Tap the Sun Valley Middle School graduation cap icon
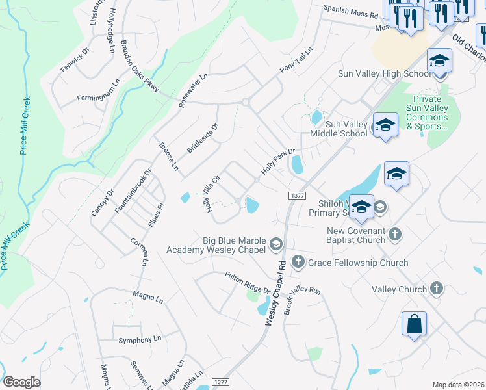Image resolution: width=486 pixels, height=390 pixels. [385, 125]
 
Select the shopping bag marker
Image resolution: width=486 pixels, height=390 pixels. [414, 324]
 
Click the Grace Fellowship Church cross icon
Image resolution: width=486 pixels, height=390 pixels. [298, 262]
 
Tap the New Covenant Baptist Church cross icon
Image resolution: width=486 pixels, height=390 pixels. [394, 232]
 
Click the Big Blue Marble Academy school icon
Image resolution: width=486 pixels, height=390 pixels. [275, 244]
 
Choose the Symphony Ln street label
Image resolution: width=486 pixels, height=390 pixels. [139, 339]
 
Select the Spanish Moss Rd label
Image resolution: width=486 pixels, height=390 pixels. [351, 12]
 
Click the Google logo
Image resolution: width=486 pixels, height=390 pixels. [21, 382]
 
